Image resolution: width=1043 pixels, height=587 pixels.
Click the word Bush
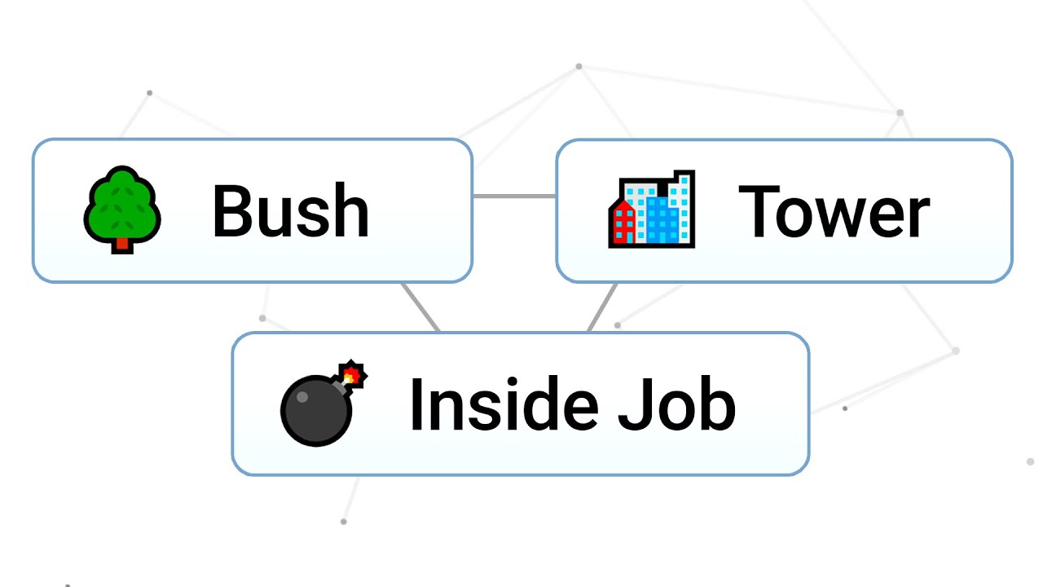point(290,211)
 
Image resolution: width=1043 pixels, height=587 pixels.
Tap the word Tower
point(833,211)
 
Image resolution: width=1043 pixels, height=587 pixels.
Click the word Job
point(676,404)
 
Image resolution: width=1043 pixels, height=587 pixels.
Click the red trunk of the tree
point(122,242)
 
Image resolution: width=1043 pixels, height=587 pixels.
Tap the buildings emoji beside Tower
point(652,210)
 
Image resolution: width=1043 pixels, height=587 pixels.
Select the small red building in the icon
point(623,223)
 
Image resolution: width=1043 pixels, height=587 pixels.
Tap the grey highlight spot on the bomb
point(301,397)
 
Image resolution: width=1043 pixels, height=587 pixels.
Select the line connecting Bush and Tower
point(514,196)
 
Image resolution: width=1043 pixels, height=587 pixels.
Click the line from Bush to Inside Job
point(420,307)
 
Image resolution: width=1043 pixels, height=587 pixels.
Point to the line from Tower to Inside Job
point(602,307)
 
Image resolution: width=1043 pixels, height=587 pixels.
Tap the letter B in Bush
point(230,211)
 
